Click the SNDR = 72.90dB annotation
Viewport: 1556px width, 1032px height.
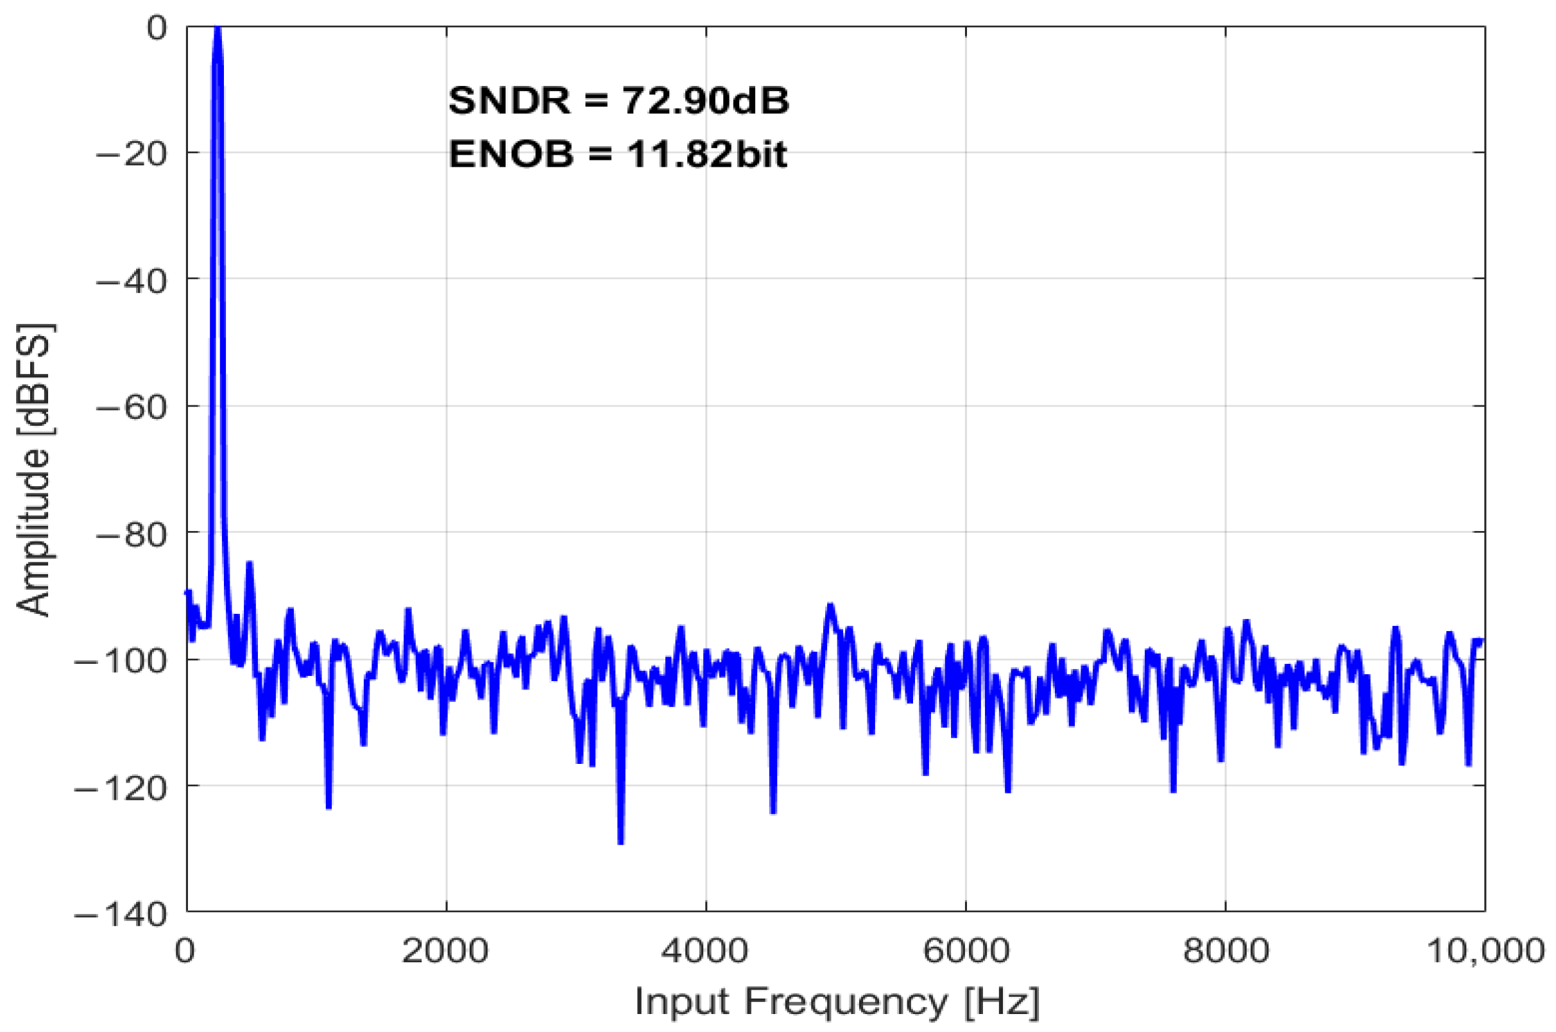coord(619,101)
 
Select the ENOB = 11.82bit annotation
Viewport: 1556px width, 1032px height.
coord(618,155)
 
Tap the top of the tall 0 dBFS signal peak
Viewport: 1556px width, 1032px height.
coord(218,30)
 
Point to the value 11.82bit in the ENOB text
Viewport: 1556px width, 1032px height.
coord(706,155)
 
